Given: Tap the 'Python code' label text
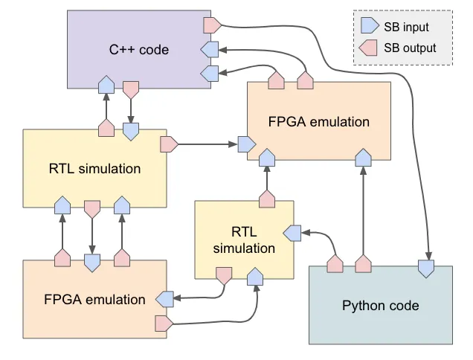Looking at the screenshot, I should point(381,305).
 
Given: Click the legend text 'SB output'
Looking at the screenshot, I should point(410,48).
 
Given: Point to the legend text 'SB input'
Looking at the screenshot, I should point(406,28).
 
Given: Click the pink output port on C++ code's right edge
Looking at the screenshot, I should point(211,25).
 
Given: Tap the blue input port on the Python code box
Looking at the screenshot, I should point(427,269).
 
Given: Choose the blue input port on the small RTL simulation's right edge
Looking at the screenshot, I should point(292,233).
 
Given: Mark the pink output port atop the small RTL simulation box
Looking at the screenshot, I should point(266,199).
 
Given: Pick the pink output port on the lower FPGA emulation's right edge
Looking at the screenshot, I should point(164,324).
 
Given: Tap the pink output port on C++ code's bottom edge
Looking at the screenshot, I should point(131,89).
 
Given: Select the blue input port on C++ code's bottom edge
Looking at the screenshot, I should point(106,83).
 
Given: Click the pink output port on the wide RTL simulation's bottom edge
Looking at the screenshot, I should point(92,208).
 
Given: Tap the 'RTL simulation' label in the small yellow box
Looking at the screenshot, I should point(244,240).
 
